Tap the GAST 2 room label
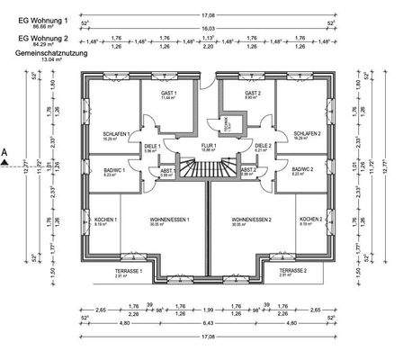(x=253, y=94)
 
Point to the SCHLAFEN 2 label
(x=308, y=134)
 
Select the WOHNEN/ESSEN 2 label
(x=251, y=220)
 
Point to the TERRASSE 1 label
(x=129, y=269)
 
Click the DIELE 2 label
(x=263, y=146)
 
